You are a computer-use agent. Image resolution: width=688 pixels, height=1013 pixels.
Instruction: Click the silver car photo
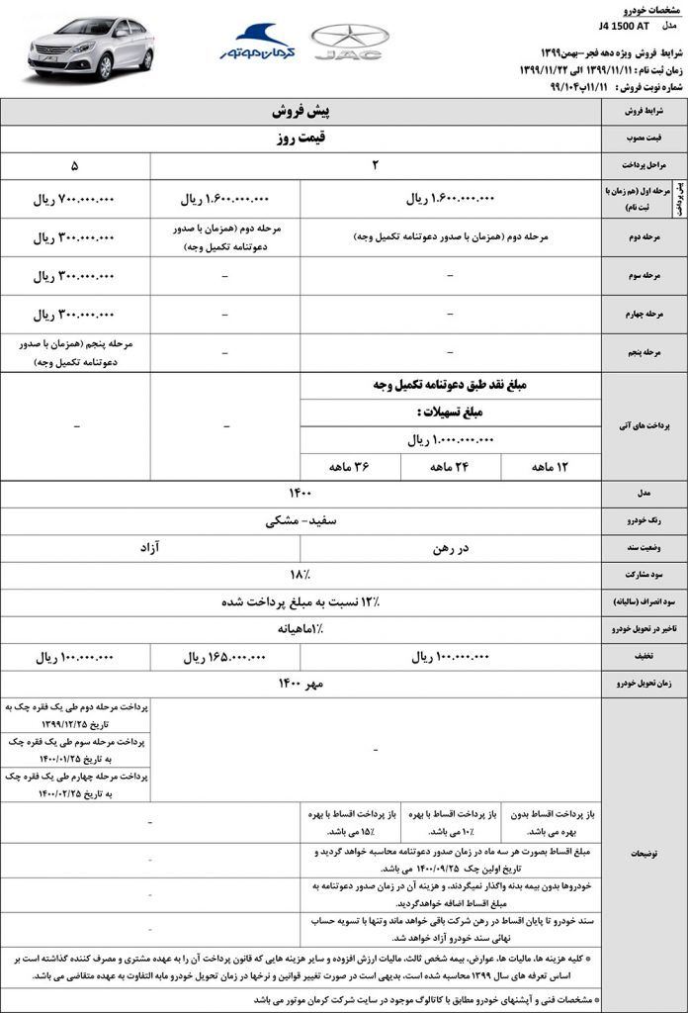pyautogui.click(x=90, y=46)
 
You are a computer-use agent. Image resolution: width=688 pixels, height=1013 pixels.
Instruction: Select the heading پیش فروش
pyautogui.click(x=301, y=112)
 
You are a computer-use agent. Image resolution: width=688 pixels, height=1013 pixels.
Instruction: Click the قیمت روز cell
pyautogui.click(x=301, y=138)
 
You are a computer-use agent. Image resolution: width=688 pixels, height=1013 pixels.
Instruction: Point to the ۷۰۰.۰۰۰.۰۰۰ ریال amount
pyautogui.click(x=75, y=199)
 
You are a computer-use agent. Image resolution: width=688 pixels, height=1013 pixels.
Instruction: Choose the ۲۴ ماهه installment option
pyautogui.click(x=450, y=466)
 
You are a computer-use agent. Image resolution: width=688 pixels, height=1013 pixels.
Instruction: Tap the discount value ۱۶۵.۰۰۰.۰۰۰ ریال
pyautogui.click(x=225, y=656)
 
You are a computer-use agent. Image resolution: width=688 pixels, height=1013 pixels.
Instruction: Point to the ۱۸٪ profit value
pyautogui.click(x=301, y=573)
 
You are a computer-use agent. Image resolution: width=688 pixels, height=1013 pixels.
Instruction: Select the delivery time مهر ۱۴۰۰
pyautogui.click(x=301, y=683)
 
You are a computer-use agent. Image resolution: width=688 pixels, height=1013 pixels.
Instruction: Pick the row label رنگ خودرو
pyautogui.click(x=643, y=519)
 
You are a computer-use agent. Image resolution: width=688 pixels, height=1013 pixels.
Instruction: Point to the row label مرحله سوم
pyautogui.click(x=643, y=276)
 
